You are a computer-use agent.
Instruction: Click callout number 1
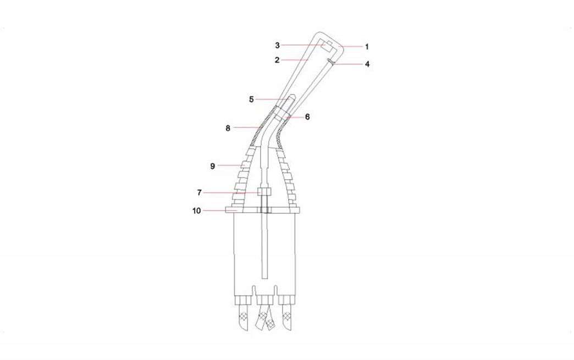click(367, 47)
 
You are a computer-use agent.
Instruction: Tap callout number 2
click(277, 60)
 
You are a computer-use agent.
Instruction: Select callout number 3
click(278, 46)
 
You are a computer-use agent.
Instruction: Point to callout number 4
click(367, 64)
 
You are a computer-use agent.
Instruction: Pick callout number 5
click(251, 99)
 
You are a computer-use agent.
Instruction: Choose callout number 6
click(307, 117)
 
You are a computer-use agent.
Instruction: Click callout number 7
click(200, 192)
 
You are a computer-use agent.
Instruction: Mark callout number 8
click(228, 128)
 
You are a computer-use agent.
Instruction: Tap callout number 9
click(213, 166)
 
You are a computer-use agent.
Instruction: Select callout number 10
click(197, 211)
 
